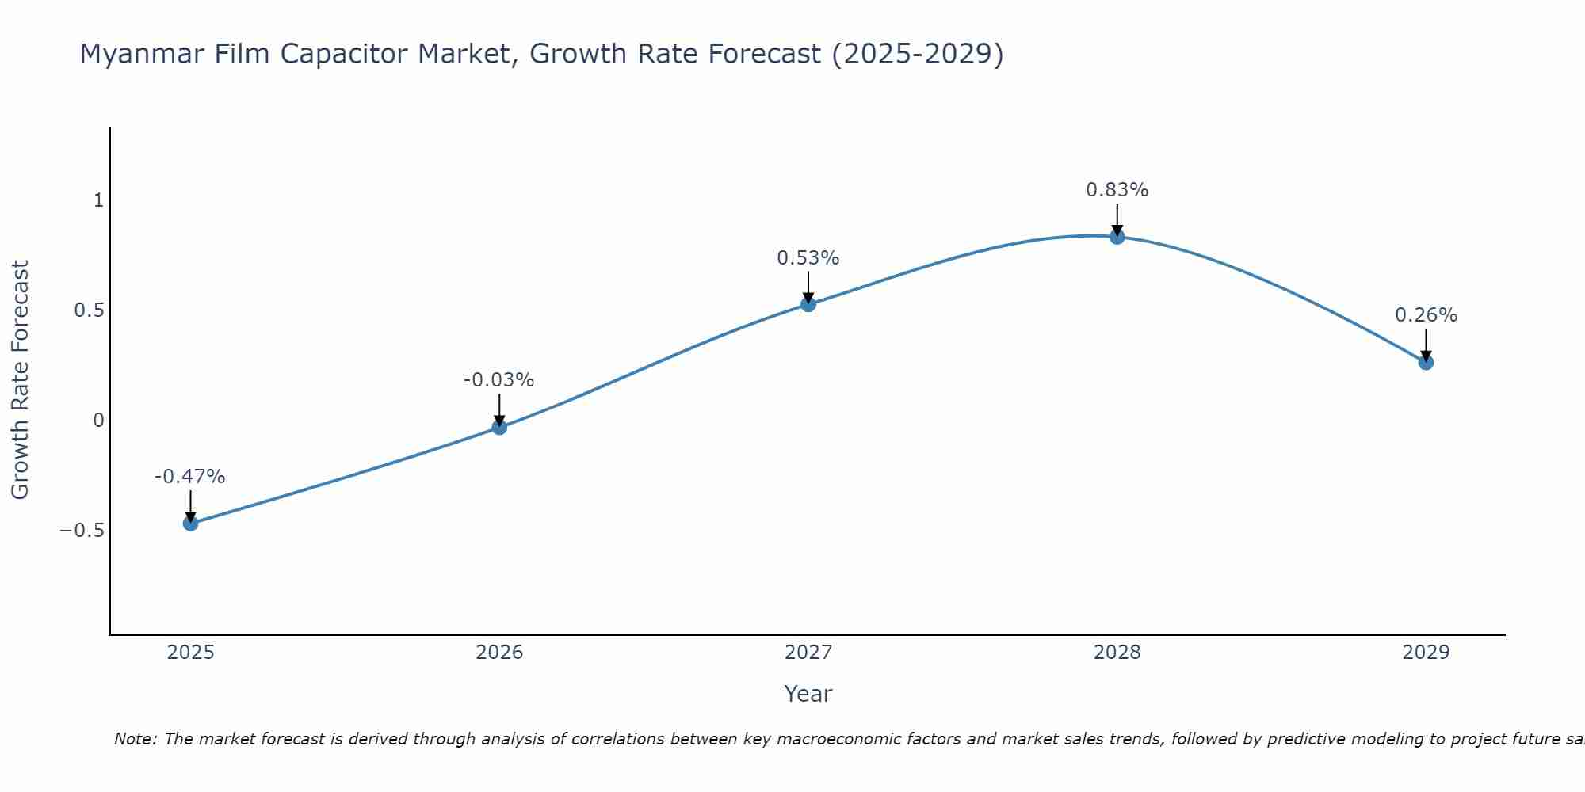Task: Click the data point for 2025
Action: click(190, 523)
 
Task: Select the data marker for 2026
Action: click(499, 427)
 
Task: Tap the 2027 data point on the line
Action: click(808, 303)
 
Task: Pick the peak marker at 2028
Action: click(1117, 236)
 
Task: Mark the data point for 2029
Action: click(1426, 362)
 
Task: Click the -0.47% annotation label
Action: click(189, 477)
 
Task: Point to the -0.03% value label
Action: click(498, 380)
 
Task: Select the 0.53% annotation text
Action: click(808, 258)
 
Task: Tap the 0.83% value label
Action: click(1117, 190)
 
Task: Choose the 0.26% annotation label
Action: click(1426, 315)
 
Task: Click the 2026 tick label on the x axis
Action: click(499, 653)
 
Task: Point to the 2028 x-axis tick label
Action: click(1117, 653)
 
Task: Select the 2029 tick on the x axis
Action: click(1426, 653)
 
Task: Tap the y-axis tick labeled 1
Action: click(98, 200)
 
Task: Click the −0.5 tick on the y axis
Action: click(82, 530)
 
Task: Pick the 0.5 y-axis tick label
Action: click(89, 310)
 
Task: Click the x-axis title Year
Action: click(808, 694)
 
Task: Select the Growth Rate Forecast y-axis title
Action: click(20, 379)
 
